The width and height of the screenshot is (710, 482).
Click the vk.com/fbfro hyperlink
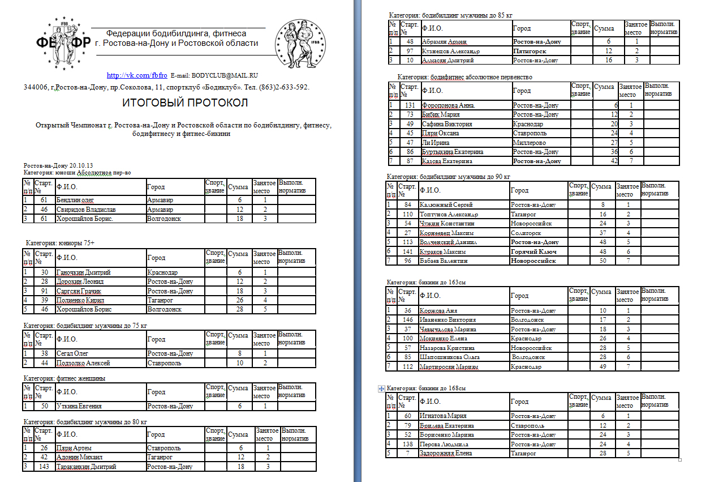(137, 75)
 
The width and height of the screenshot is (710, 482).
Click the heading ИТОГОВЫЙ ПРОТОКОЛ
(185, 103)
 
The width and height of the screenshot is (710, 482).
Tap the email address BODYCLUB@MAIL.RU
(225, 75)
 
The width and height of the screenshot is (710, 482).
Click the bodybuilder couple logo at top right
(300, 44)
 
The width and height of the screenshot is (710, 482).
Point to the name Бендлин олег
(75, 200)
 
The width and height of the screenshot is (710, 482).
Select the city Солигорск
(526, 233)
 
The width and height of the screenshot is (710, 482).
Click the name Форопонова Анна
(448, 105)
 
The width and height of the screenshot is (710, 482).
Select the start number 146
(407, 320)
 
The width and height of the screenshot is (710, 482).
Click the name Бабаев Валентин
(444, 261)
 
